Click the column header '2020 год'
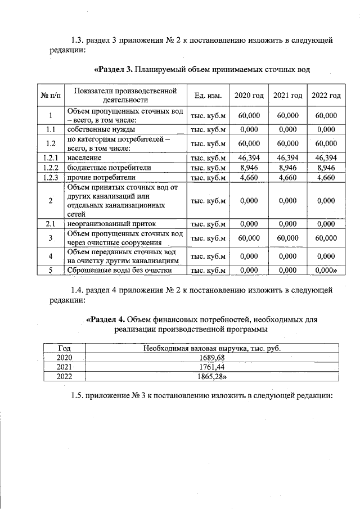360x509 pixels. click(249, 95)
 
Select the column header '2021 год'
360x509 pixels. click(288, 95)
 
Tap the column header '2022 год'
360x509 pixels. click(326, 95)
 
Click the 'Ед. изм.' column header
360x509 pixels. click(208, 95)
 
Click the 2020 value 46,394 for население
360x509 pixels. click(249, 158)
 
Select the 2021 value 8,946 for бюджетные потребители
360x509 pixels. click(288, 168)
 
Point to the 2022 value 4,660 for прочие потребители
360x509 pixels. click(326, 178)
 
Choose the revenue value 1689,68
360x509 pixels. click(211, 358)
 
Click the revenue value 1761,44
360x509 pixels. click(211, 367)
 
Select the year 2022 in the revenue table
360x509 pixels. click(65, 376)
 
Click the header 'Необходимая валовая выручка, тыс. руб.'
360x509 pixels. click(211, 348)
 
